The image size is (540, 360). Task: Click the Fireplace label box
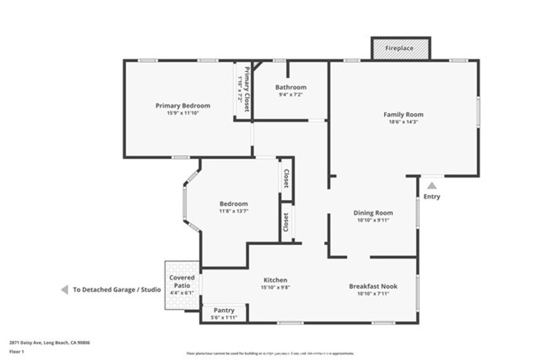401,48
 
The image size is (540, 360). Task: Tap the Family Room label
403,114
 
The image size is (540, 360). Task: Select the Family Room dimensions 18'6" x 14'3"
403,122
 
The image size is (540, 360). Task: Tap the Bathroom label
291,87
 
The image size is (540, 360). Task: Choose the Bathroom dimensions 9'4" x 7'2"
291,94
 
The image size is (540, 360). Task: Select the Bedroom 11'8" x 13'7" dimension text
233,211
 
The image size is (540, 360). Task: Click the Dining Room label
373,213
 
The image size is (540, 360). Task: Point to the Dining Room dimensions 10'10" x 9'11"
373,220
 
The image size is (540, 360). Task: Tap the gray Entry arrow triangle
432,186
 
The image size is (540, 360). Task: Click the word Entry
431,197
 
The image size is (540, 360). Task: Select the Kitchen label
275,280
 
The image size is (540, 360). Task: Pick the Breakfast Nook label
373,286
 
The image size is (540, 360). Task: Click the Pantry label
224,310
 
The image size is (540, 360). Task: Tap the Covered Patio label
182,281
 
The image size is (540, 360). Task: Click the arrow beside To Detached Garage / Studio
64,289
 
